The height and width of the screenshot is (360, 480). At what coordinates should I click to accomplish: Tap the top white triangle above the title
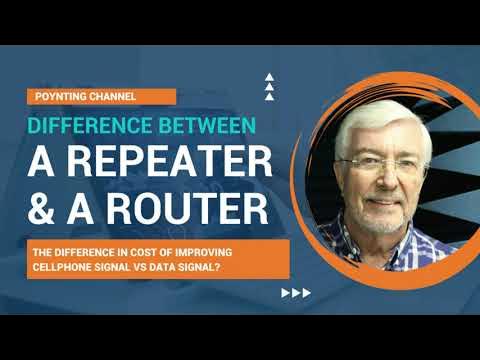coord(268,77)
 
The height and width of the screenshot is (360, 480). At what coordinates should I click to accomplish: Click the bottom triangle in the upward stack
coord(268,97)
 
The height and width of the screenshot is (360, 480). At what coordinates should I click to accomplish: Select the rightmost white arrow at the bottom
coord(306,293)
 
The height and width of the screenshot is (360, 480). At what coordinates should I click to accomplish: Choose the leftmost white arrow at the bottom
coord(286,293)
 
